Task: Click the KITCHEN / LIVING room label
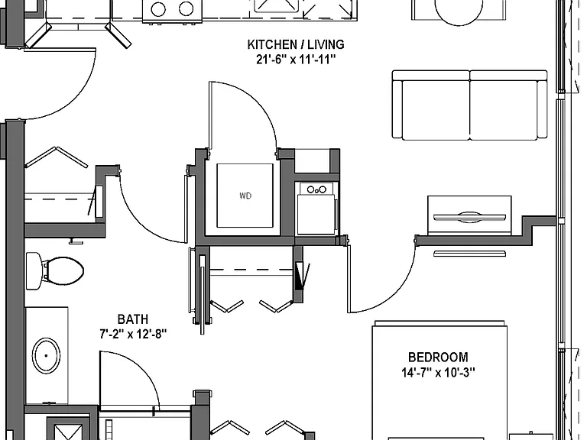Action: coord(296,44)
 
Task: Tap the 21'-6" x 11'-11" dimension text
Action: coord(296,60)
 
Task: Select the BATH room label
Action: coord(133,319)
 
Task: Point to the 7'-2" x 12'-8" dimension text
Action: coord(133,333)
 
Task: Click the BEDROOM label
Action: coord(438,357)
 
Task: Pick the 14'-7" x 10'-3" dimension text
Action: coord(438,373)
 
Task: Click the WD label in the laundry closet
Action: coord(245,196)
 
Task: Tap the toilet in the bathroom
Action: coord(55,271)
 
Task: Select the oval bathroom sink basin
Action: coord(46,355)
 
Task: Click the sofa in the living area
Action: coord(469,105)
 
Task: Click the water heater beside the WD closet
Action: coord(316,208)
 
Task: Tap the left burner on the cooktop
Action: coord(158,9)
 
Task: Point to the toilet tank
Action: coord(34,271)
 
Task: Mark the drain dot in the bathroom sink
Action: coord(46,355)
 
